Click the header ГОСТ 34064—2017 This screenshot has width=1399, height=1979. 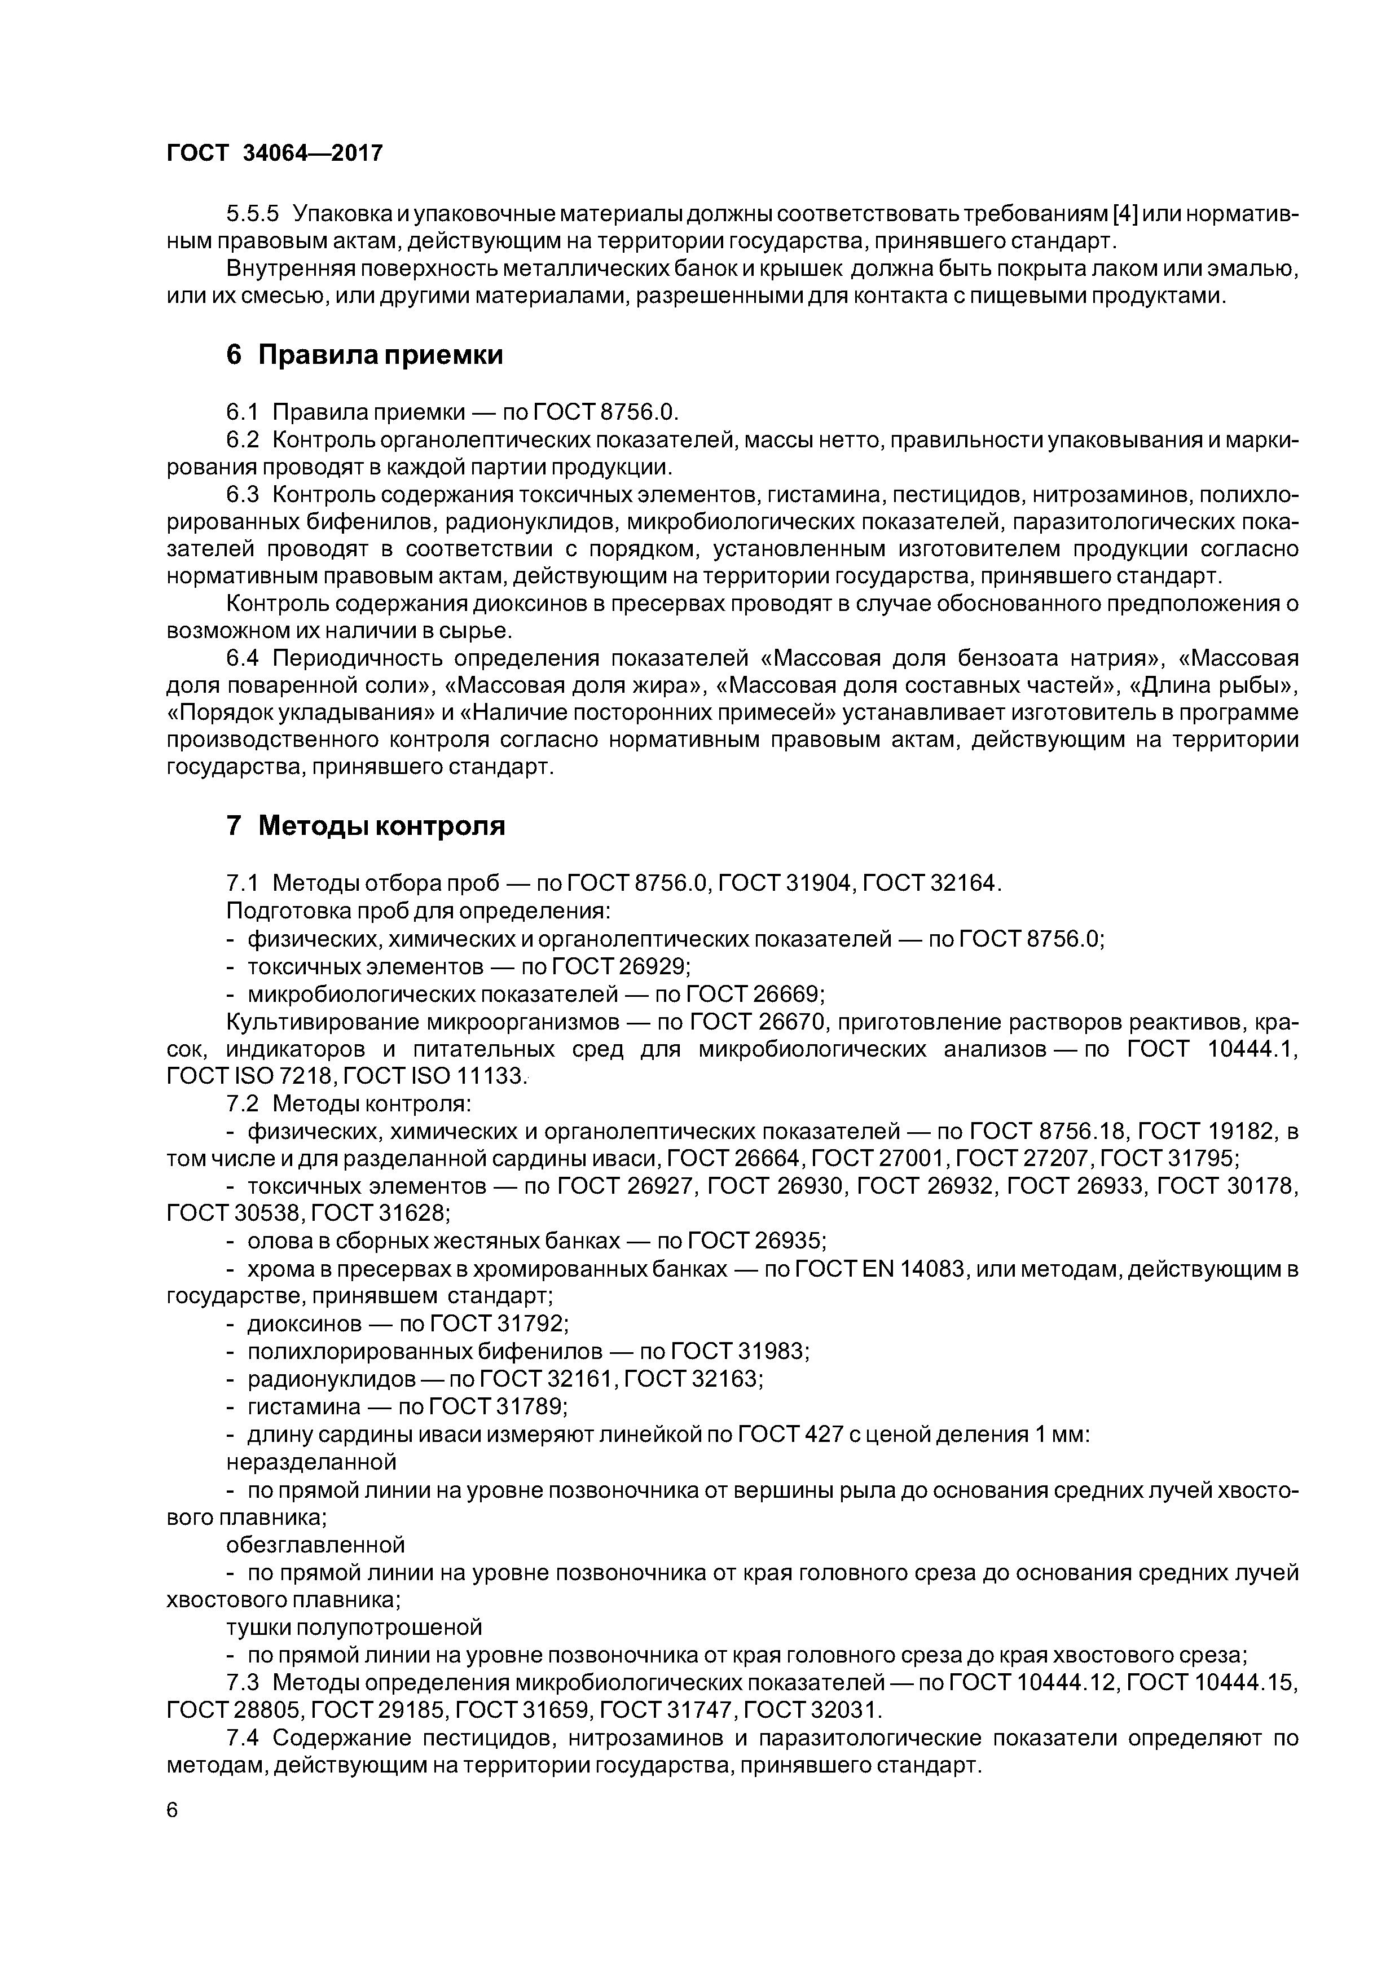274,153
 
